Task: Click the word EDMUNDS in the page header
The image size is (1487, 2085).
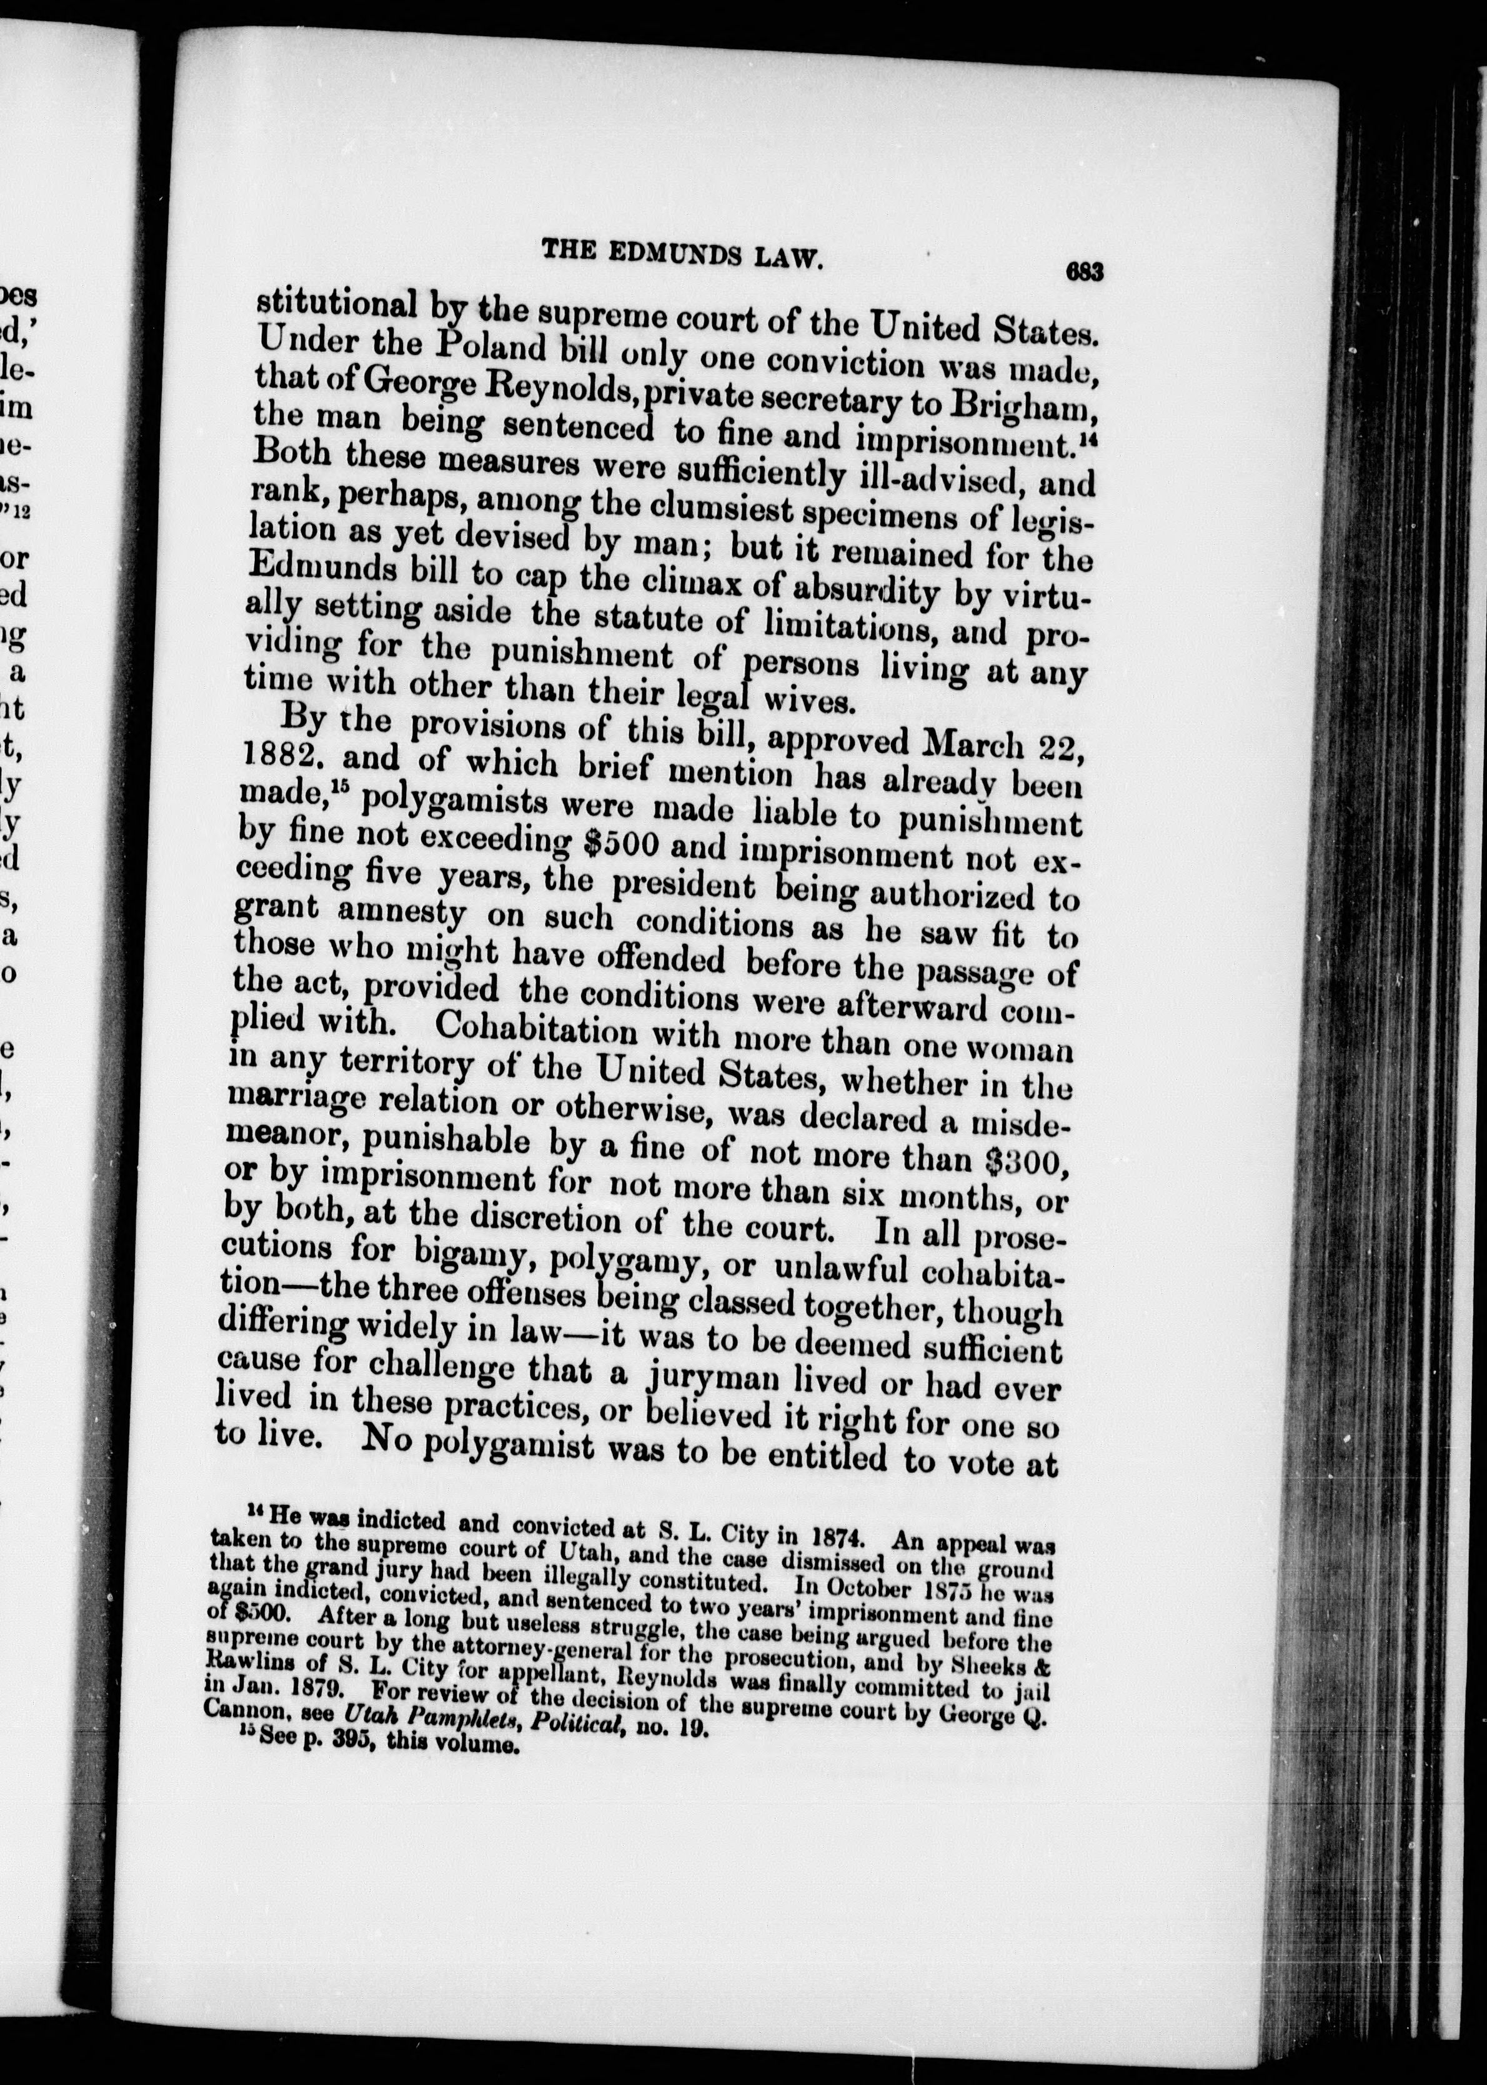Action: click(x=683, y=254)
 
